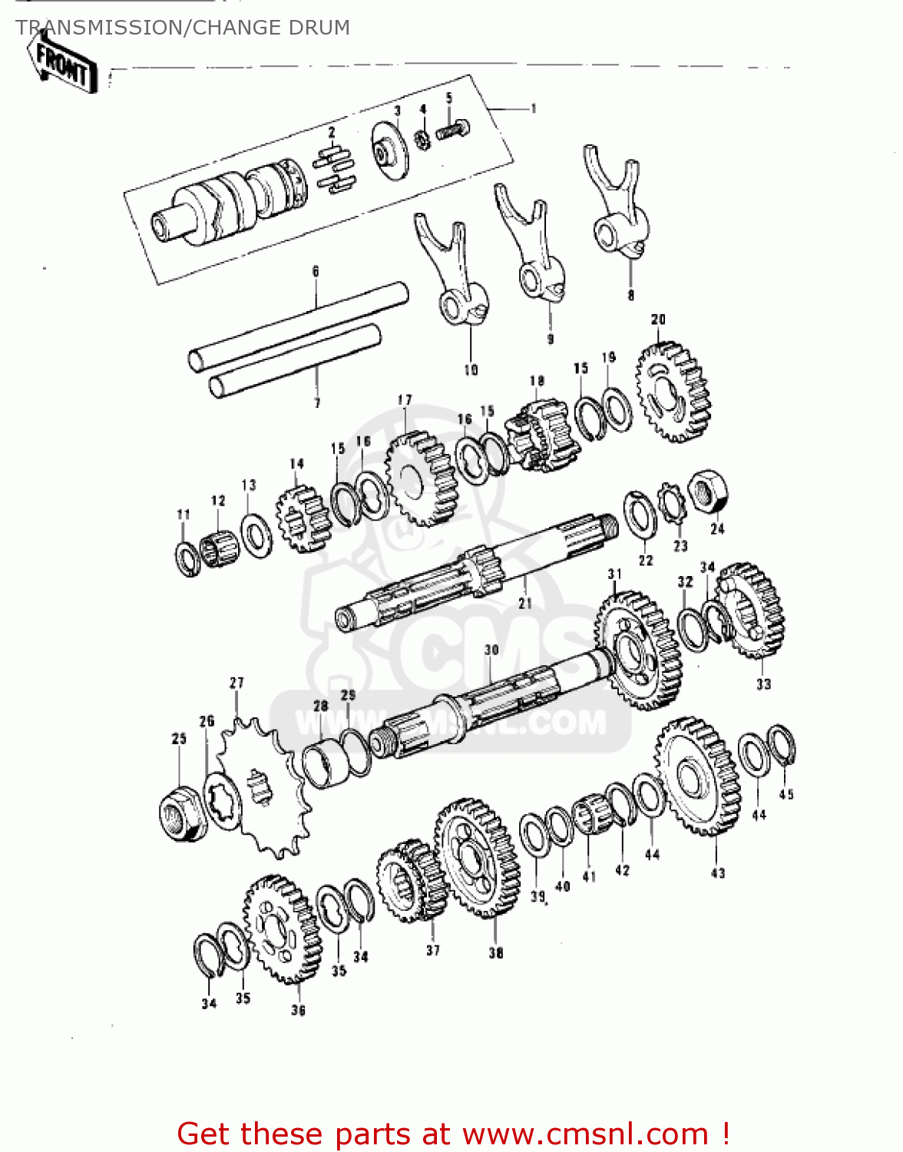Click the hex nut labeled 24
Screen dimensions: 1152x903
(707, 492)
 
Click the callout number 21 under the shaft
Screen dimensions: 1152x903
(524, 604)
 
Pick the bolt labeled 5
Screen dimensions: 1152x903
(452, 131)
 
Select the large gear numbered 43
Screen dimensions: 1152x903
(698, 776)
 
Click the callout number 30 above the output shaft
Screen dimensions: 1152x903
(491, 650)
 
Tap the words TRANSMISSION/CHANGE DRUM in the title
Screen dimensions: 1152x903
(183, 28)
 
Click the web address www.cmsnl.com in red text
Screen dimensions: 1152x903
(586, 1134)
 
